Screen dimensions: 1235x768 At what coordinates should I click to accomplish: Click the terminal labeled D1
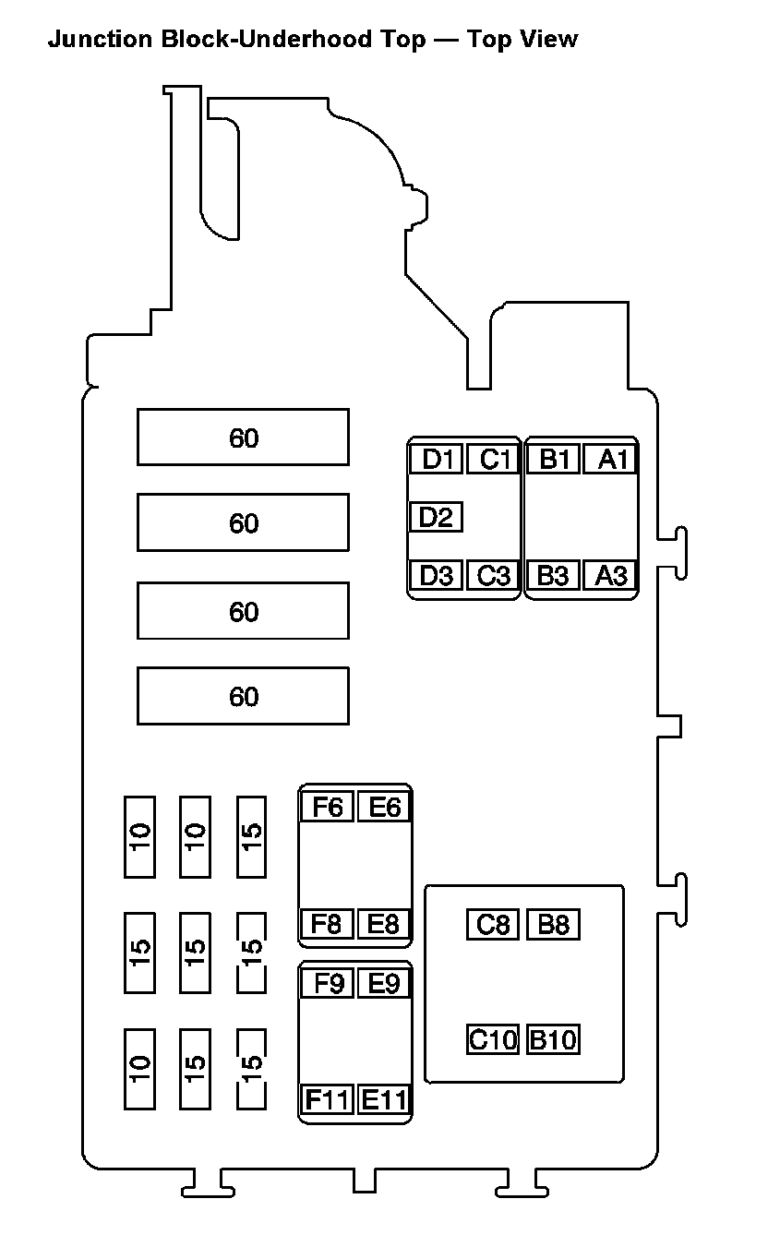point(436,459)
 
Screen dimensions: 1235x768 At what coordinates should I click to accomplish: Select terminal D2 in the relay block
point(436,518)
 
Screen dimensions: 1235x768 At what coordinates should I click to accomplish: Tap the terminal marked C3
point(494,575)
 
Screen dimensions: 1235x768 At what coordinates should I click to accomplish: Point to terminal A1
point(610,459)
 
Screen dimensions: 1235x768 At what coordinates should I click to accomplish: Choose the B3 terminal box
point(552,575)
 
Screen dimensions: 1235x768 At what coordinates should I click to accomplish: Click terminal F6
point(328,807)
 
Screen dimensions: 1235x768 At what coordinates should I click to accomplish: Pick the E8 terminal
point(384,923)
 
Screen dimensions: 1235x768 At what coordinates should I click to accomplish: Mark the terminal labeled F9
point(328,984)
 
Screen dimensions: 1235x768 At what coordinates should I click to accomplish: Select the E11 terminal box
point(384,1100)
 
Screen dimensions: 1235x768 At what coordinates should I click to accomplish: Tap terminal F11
point(328,1100)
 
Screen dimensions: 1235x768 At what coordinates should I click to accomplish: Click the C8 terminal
point(494,924)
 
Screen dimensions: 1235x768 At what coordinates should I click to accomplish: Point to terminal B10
point(553,1040)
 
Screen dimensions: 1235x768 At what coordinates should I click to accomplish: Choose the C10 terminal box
point(494,1040)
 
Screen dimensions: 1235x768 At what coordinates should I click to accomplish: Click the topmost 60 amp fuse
point(243,438)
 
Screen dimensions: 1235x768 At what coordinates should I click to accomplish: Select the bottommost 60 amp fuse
point(243,696)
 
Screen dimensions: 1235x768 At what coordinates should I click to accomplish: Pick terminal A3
point(610,575)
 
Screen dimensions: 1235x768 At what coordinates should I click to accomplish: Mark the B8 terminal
point(553,924)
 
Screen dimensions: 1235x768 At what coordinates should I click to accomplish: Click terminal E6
point(384,807)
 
